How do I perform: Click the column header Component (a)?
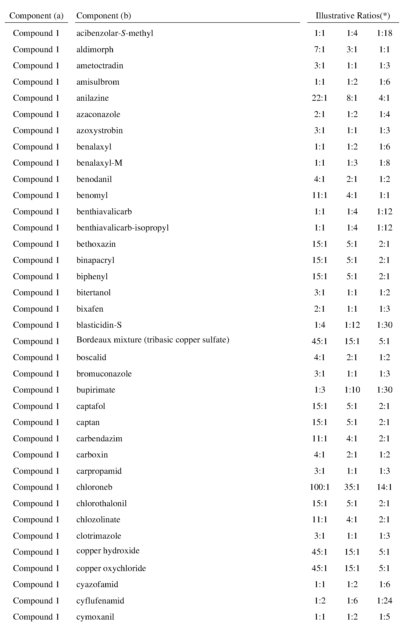coord(36,16)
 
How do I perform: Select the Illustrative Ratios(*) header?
coord(353,16)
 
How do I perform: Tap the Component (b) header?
coord(104,16)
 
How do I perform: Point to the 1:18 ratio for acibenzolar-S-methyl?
coord(384,33)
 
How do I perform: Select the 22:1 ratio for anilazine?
coord(319,98)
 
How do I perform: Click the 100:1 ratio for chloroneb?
coord(319,487)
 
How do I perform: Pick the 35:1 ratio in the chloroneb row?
coord(352,487)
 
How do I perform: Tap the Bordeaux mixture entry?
coord(153,340)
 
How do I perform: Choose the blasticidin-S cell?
coord(99,325)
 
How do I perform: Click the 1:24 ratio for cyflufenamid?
coord(384,601)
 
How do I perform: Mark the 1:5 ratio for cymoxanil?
coord(384,617)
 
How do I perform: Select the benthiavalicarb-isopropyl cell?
coord(123,228)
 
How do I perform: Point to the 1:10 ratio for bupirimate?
coord(352,390)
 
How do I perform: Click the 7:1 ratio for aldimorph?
coord(319,49)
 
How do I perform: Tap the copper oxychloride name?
coord(111,568)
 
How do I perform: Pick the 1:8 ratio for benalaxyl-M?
coord(384,163)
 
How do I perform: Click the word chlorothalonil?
coord(101,503)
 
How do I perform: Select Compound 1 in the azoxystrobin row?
coord(36,130)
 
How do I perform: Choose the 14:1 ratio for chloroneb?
coord(384,487)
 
